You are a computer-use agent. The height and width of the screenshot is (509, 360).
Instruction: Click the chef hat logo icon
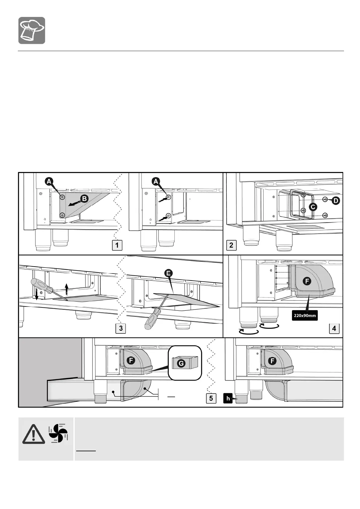(32, 31)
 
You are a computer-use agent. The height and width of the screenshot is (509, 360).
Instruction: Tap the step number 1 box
(117, 245)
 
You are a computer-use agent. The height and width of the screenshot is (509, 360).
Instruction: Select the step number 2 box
(231, 245)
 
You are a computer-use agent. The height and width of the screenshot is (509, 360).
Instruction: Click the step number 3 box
(121, 328)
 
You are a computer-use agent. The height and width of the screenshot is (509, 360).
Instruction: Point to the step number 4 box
(334, 328)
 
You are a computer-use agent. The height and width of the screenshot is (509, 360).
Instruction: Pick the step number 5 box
(211, 398)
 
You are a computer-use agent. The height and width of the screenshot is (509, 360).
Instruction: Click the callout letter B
(85, 199)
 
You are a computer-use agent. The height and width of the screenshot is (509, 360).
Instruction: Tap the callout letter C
(313, 207)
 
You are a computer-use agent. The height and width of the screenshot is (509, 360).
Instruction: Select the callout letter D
(336, 201)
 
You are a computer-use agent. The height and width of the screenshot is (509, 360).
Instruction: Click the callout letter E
(168, 273)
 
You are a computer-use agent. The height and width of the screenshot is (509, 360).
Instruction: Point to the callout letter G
(181, 363)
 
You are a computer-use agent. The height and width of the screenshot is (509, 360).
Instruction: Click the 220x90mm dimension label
(305, 316)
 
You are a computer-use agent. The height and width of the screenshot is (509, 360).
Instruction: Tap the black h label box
(228, 398)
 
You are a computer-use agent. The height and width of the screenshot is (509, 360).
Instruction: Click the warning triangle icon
(34, 434)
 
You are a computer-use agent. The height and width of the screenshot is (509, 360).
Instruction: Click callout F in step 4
(307, 281)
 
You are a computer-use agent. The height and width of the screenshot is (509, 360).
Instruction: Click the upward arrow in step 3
(67, 289)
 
